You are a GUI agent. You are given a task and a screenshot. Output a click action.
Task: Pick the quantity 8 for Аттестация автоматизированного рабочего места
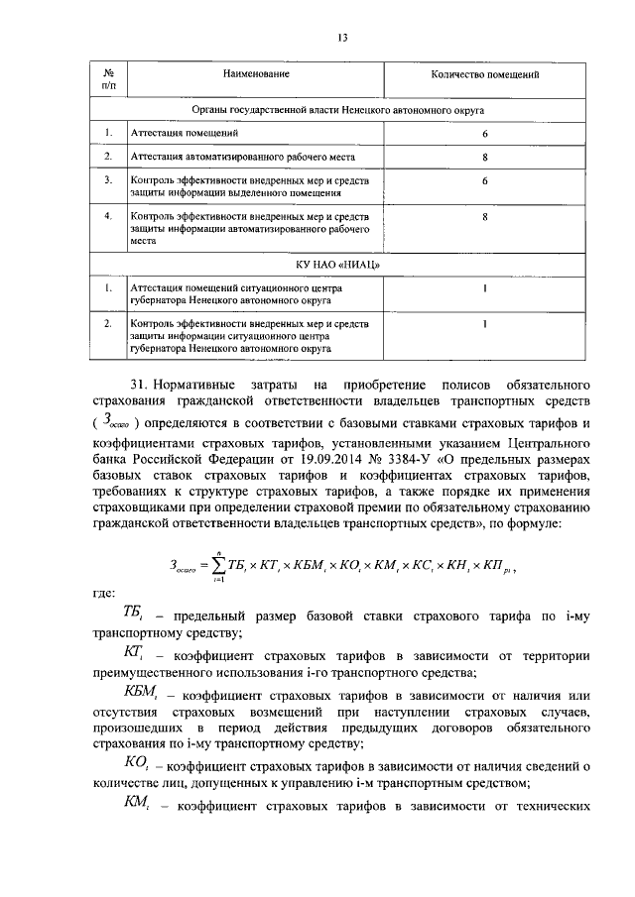point(485,157)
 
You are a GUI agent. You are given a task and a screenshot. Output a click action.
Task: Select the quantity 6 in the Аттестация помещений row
point(485,132)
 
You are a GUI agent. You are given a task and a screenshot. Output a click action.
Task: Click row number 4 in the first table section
point(107,215)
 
